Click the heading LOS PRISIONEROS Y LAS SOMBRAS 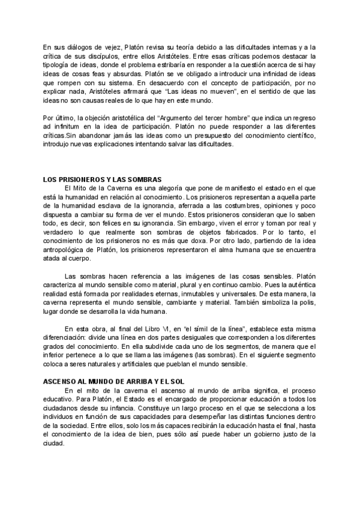(106, 179)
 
